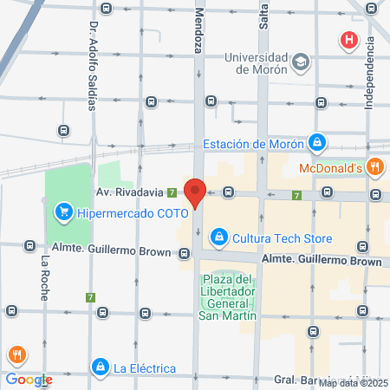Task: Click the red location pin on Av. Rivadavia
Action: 196,192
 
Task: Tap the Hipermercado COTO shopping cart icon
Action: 62,211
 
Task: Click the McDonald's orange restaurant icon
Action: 375,168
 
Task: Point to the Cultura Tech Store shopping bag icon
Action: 220,236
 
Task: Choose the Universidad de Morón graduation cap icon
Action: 300,62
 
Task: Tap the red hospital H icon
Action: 349,40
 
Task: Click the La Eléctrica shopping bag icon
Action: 101,367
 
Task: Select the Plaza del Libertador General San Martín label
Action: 229,297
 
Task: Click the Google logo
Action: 29,379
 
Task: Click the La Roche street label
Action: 44,277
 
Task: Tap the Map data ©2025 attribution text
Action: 354,383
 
